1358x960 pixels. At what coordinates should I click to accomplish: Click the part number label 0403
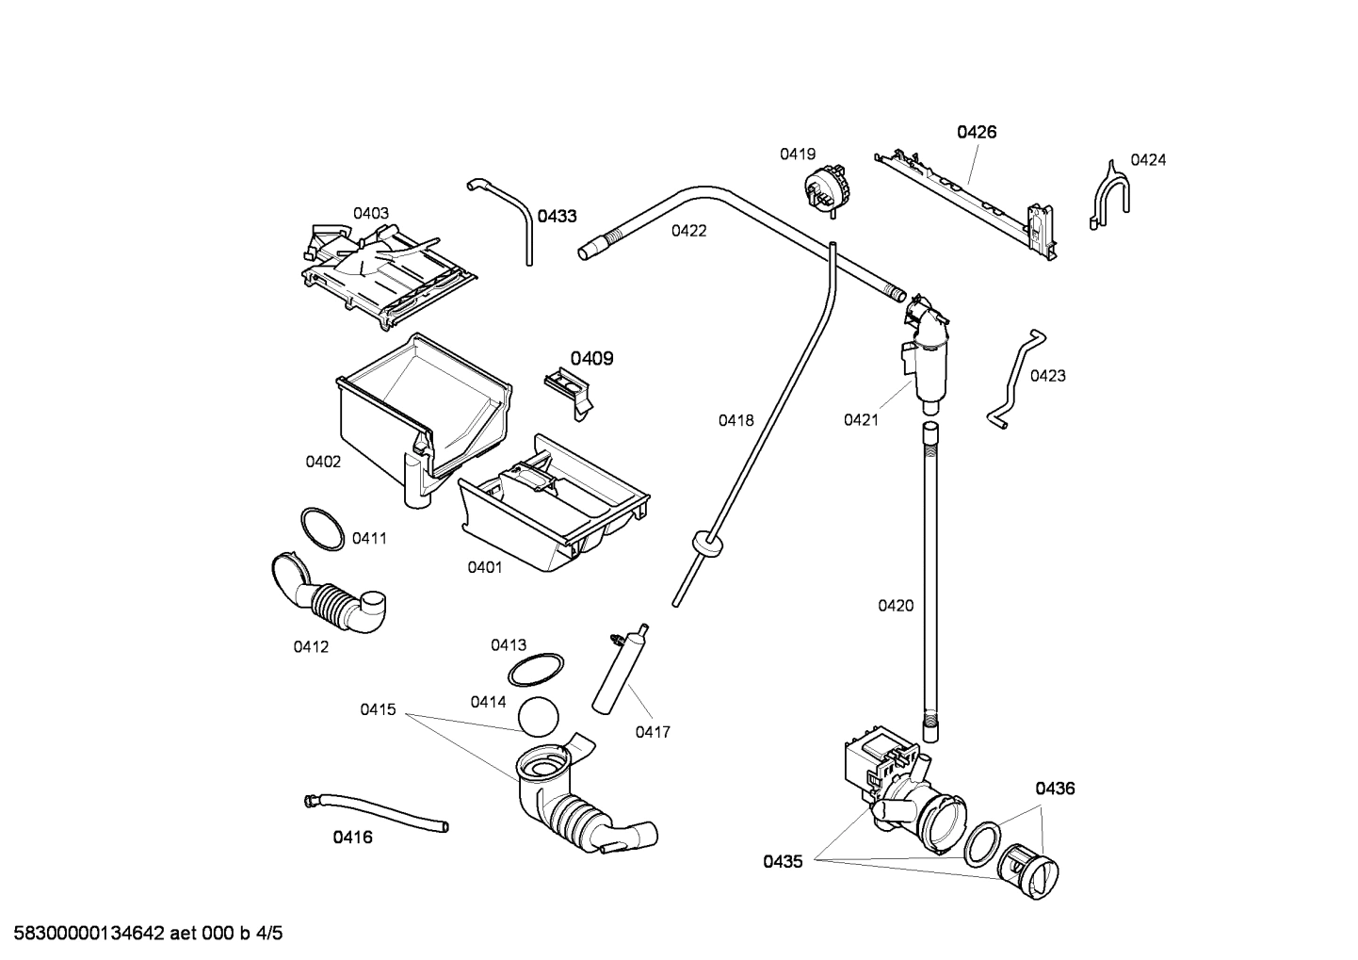[x=371, y=214]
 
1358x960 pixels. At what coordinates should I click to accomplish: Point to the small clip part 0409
[x=568, y=387]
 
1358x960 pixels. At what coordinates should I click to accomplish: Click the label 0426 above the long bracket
[x=977, y=133]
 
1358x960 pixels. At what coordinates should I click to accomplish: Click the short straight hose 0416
[x=377, y=812]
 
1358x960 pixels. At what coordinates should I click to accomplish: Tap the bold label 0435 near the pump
[x=783, y=861]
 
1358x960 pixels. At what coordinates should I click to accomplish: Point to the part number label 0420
[x=896, y=606]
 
